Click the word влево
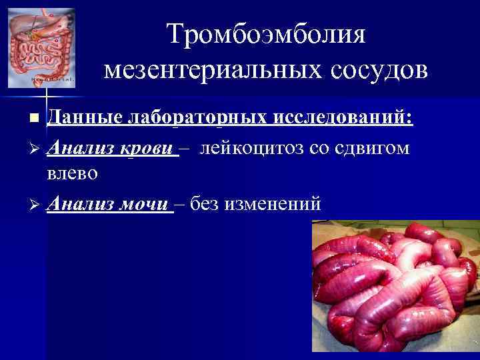click(73, 173)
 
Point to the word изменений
click(275, 203)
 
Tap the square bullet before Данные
click(35, 119)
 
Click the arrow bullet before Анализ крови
click(35, 148)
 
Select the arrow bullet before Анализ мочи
click(35, 203)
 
